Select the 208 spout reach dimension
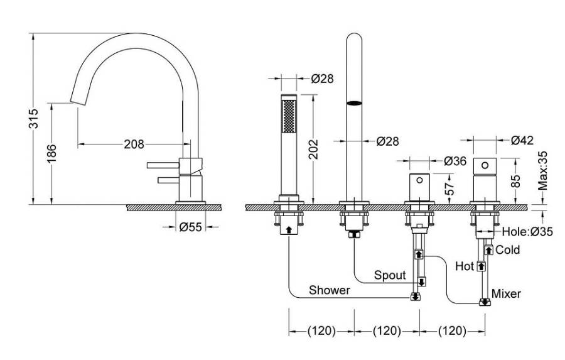point(134,144)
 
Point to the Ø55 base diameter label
point(190,227)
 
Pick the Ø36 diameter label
point(455,161)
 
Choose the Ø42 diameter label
point(522,140)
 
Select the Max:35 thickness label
point(544,170)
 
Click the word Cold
point(508,250)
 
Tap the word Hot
point(464,266)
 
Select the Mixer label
point(506,293)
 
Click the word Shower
point(329,290)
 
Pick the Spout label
point(390,275)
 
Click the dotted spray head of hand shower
point(289,115)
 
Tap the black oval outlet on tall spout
point(355,103)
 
